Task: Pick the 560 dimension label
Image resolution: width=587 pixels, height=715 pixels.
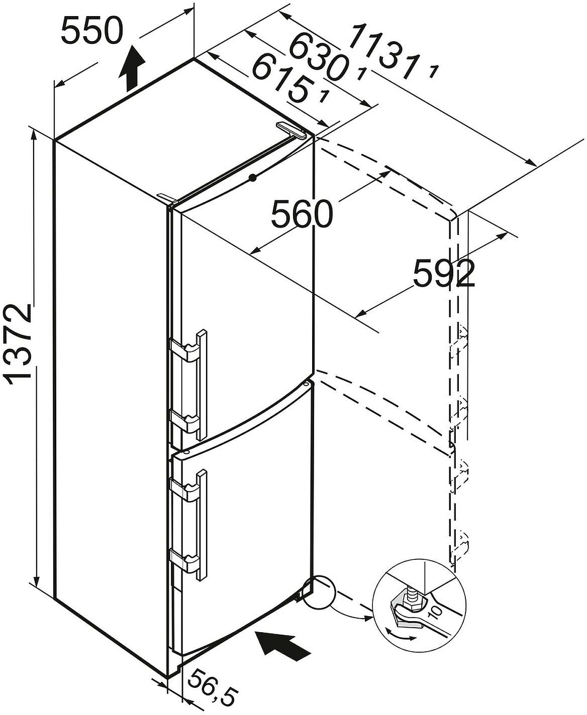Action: click(302, 214)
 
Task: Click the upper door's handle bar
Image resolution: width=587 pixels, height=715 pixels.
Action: click(202, 384)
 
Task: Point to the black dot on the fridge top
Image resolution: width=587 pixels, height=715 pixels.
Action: click(253, 177)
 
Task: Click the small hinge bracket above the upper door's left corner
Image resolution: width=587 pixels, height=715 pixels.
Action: click(167, 198)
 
